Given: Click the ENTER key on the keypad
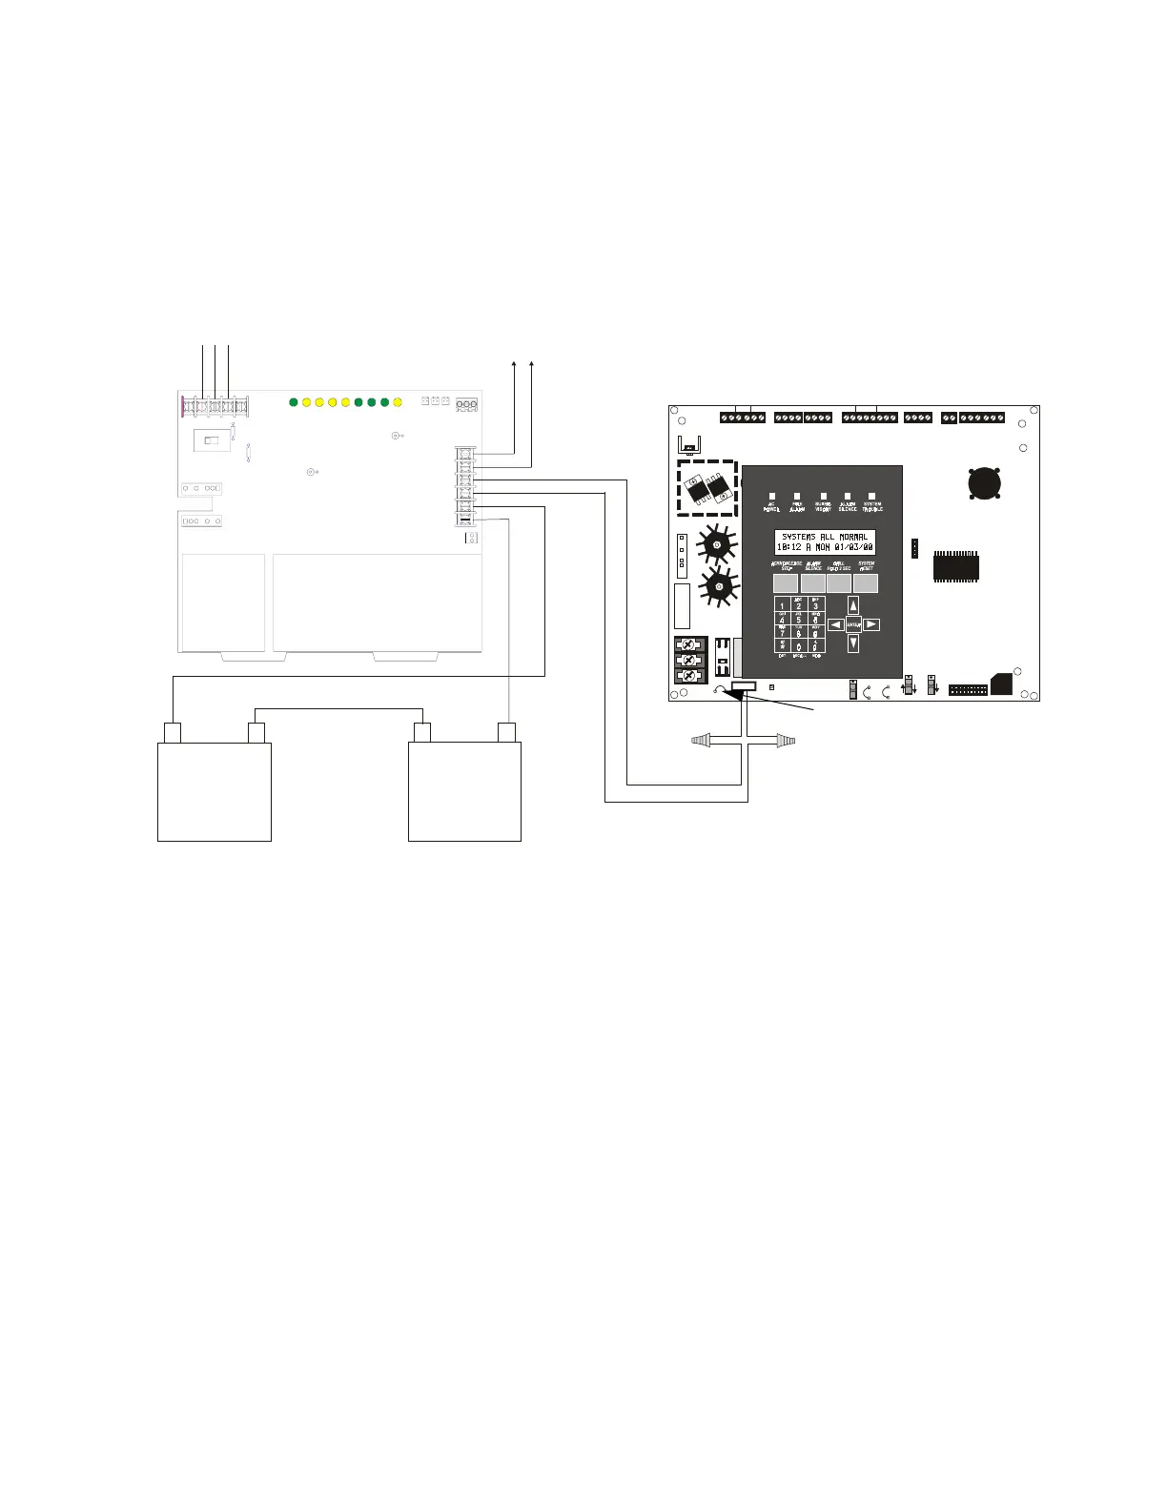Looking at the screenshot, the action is (853, 624).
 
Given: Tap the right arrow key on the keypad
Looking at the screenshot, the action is (871, 624).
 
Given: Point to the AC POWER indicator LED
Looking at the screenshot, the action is (772, 497).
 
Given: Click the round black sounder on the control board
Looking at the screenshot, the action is (985, 482).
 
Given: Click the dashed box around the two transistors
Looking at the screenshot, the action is (706, 488).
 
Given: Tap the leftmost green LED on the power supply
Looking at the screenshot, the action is (294, 402).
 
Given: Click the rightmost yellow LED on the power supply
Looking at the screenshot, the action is (398, 402).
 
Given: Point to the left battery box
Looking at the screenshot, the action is (215, 791).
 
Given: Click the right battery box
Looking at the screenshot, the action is (464, 791).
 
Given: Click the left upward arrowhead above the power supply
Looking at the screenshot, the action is (515, 364).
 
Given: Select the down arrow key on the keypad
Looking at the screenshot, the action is (853, 643).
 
